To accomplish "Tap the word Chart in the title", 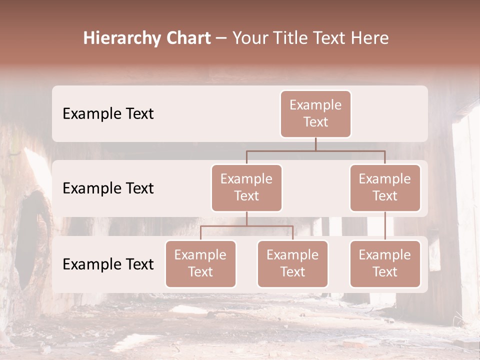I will click(186, 38).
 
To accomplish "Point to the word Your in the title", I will click(250, 38).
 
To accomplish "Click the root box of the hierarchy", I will click(315, 114).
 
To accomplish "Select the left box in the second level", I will click(246, 188).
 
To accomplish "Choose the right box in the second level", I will click(385, 188).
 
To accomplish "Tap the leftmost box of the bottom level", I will click(200, 264).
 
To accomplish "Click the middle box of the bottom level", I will click(292, 264).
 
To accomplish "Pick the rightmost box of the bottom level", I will click(385, 264).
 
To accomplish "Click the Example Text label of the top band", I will click(108, 114).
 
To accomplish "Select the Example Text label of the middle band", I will click(108, 188).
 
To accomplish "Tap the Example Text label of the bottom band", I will click(108, 264).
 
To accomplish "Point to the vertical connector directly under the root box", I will click(315, 144).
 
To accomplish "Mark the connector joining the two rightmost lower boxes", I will click(385, 226).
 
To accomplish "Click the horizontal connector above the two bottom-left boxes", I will click(246, 226).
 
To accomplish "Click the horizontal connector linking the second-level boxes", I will click(315, 150).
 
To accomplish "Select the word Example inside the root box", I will click(315, 105).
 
